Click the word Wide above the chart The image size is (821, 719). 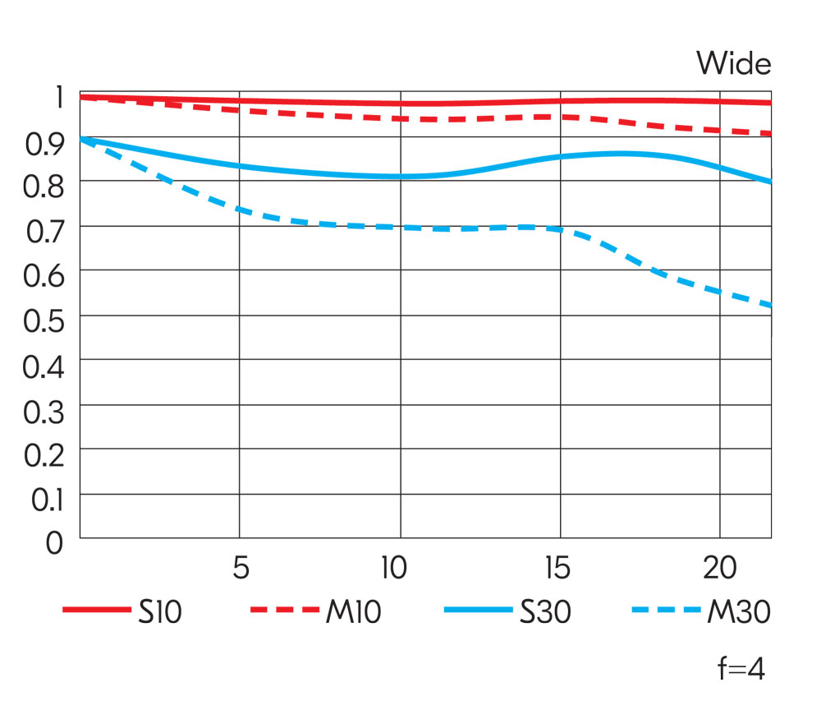point(733,63)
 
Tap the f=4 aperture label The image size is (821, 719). point(741,670)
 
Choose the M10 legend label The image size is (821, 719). point(353,611)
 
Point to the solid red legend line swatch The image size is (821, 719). point(96,611)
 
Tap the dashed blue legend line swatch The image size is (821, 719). point(666,611)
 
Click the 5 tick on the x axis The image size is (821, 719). point(240,569)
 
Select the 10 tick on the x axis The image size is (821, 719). point(395,569)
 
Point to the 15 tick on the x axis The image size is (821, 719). point(558,569)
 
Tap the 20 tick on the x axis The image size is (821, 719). point(719,569)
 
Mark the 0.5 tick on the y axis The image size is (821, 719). point(43,320)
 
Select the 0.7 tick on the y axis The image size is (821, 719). point(43,231)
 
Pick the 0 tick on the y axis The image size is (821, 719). point(54,543)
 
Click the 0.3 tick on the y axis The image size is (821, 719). point(43,409)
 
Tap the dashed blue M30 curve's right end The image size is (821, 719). point(769,306)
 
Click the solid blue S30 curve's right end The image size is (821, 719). point(769,182)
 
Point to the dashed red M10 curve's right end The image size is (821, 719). point(769,133)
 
